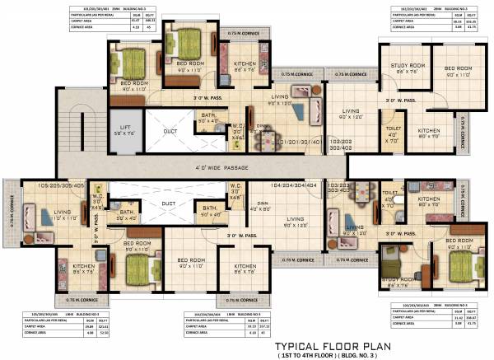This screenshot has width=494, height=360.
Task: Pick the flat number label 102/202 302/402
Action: click(x=340, y=144)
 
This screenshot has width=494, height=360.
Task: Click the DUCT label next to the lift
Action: click(x=170, y=130)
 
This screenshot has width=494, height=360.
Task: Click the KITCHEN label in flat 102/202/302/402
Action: click(x=428, y=133)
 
